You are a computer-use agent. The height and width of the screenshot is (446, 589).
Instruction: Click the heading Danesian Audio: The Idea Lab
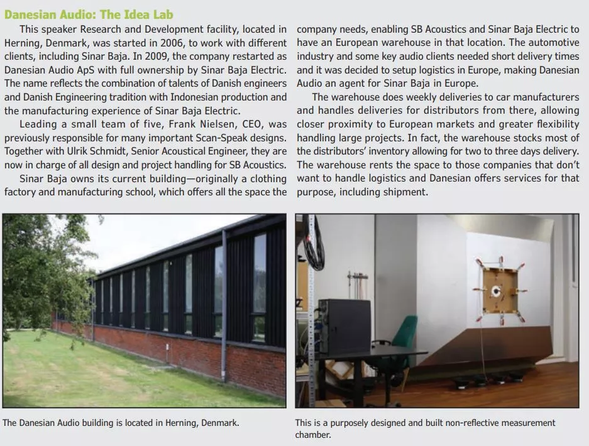point(89,14)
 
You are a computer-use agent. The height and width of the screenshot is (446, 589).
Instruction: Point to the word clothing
point(265,178)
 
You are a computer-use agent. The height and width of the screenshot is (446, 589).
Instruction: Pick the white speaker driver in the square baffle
point(497,291)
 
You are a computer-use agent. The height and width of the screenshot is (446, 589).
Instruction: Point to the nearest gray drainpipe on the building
point(224,295)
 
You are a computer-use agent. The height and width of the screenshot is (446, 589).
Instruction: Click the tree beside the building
point(38,276)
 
